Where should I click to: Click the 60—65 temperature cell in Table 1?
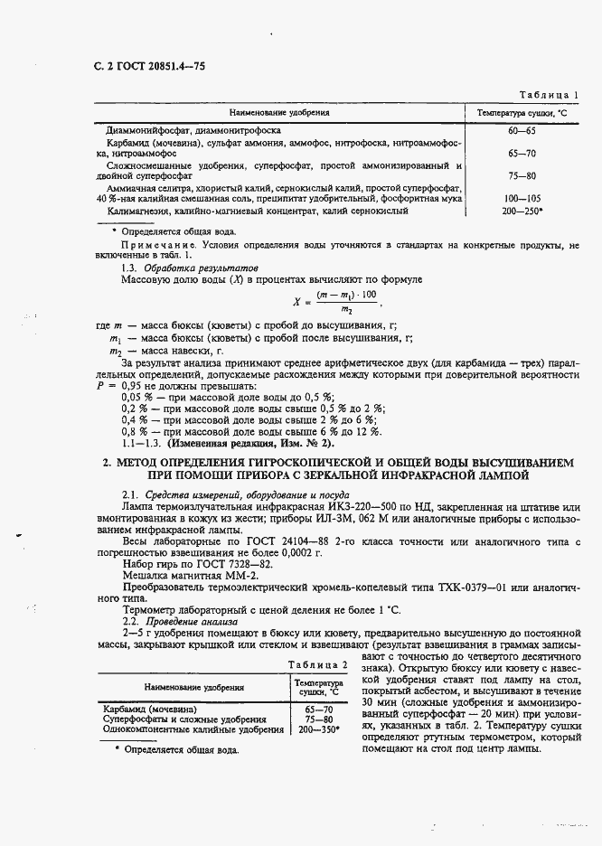point(522,130)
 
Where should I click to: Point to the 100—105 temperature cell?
point(522,197)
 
